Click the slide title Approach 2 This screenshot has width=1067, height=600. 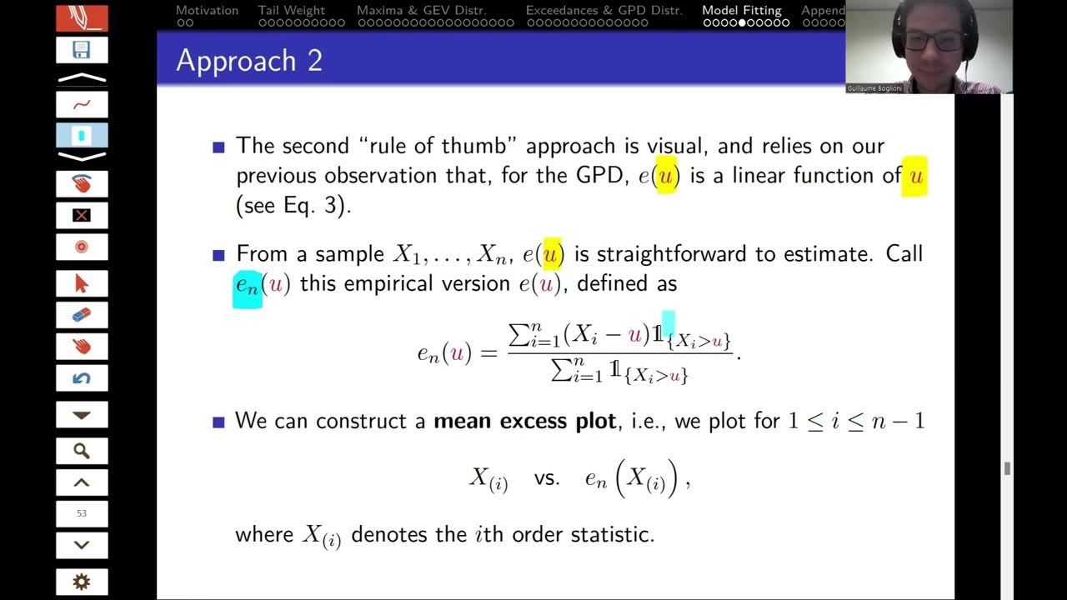tap(248, 61)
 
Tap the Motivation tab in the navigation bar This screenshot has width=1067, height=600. tap(207, 11)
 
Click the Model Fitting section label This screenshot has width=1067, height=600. tap(742, 11)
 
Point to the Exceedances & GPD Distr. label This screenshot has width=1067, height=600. tap(604, 11)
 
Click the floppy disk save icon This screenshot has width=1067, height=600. tap(82, 50)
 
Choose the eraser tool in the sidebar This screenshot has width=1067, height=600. tap(82, 315)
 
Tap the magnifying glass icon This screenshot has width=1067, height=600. tap(82, 451)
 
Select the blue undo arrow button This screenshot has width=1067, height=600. tap(82, 378)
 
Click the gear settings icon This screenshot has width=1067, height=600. tap(82, 582)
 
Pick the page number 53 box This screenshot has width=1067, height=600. tap(82, 513)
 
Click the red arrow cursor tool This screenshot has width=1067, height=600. tap(82, 283)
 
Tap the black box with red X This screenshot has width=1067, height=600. tap(82, 216)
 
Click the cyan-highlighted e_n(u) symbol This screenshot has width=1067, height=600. tap(248, 285)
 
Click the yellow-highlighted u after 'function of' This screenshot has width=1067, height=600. tap(914, 176)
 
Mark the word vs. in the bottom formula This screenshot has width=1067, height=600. tap(547, 479)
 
